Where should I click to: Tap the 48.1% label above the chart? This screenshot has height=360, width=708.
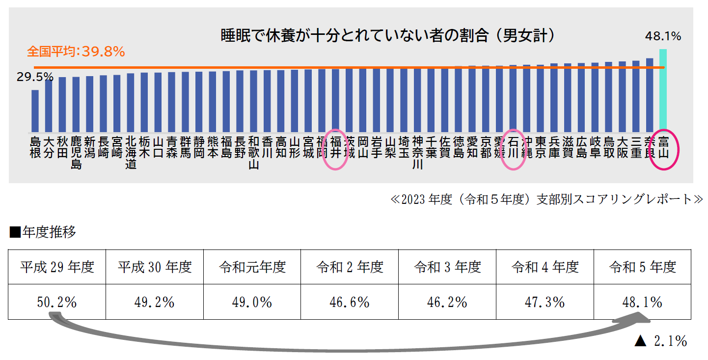click(x=663, y=36)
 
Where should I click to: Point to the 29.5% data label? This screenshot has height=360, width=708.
click(x=35, y=77)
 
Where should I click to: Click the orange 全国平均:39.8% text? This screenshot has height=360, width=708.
click(x=76, y=51)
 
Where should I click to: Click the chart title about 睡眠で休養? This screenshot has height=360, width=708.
click(x=388, y=36)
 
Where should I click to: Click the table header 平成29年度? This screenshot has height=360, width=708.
click(x=57, y=267)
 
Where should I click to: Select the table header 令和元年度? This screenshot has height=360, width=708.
click(x=252, y=267)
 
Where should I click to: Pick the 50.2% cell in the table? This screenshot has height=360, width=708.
click(x=57, y=302)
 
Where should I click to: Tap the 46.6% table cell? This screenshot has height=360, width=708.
click(x=350, y=302)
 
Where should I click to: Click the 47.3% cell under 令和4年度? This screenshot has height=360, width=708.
click(x=545, y=302)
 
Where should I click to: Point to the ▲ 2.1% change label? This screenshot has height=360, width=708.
click(x=660, y=341)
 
